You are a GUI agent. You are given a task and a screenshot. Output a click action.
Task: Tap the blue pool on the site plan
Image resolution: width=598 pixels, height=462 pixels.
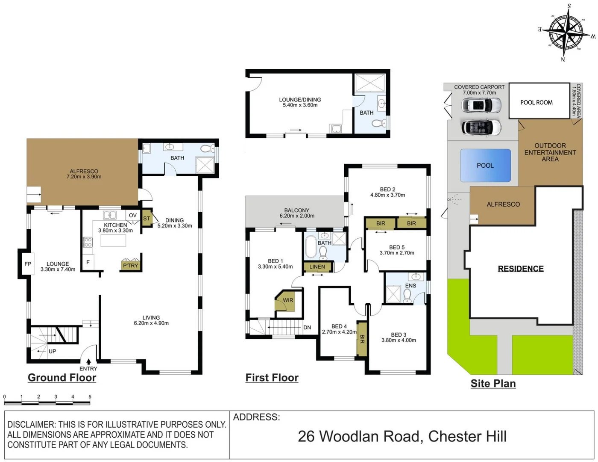(x=485, y=165)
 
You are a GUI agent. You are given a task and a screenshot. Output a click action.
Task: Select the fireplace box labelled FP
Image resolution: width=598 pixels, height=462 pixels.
(x=28, y=264)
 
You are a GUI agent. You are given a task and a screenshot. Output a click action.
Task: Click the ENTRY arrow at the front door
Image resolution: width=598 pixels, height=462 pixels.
(x=88, y=361)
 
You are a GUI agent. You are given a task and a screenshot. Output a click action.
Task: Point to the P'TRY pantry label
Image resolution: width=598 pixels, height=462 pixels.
(x=130, y=266)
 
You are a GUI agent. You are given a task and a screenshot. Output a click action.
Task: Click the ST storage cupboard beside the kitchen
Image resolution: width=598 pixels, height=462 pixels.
(x=147, y=219)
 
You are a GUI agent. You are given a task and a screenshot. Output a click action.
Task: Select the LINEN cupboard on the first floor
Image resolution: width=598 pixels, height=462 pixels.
(x=317, y=267)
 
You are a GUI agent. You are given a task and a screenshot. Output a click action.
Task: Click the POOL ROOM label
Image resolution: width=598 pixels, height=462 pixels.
(x=536, y=103)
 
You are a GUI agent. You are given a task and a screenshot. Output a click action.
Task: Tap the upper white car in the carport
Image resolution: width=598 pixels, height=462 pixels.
(x=481, y=105)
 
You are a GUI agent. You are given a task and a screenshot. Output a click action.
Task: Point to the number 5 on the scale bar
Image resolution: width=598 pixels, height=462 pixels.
(x=90, y=397)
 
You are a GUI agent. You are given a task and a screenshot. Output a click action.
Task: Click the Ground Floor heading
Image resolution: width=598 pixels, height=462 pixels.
(x=62, y=377)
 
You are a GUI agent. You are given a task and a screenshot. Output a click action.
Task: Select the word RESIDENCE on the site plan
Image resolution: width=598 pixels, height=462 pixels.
(x=521, y=269)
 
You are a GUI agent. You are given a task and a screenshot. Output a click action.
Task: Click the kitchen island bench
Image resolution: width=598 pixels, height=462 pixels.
(x=113, y=240)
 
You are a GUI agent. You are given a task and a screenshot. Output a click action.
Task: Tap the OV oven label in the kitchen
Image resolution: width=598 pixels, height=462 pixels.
(x=133, y=215)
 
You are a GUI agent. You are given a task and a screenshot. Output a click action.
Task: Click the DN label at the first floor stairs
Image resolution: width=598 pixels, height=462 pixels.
(x=307, y=327)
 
